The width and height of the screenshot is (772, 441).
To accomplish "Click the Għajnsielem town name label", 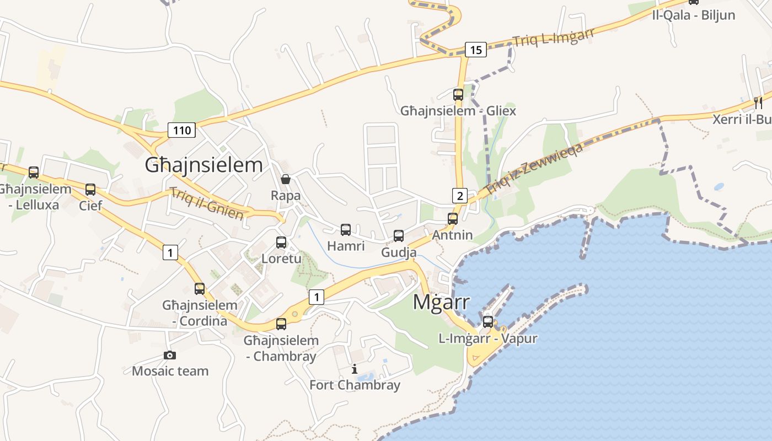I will [203, 165].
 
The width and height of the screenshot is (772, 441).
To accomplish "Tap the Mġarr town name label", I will [442, 302].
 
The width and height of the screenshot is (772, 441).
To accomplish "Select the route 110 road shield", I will [182, 131].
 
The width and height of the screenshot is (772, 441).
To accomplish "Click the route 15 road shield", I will [476, 50].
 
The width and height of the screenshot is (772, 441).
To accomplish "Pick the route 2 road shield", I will [460, 195].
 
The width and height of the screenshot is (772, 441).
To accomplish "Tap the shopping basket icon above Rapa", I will [286, 179].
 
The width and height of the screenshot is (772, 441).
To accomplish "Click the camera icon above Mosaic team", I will [170, 356].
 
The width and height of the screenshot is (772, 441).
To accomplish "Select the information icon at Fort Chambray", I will [355, 369].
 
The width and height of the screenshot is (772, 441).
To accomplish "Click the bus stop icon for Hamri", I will [346, 230].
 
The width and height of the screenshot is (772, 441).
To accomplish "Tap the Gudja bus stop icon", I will [399, 236].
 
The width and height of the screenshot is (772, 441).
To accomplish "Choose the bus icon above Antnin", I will [453, 219].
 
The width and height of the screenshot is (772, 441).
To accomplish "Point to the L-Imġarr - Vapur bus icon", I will [488, 322].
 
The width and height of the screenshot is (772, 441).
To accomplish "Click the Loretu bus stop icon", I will [281, 242].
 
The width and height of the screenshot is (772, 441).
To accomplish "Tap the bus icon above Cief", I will [90, 190].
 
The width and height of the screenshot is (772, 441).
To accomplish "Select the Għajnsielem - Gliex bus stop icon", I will [458, 95].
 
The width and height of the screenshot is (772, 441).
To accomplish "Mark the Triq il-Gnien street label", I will [207, 203].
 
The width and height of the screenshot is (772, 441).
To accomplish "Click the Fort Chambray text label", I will [355, 385].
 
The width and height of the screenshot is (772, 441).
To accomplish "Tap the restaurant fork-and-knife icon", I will [758, 103].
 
